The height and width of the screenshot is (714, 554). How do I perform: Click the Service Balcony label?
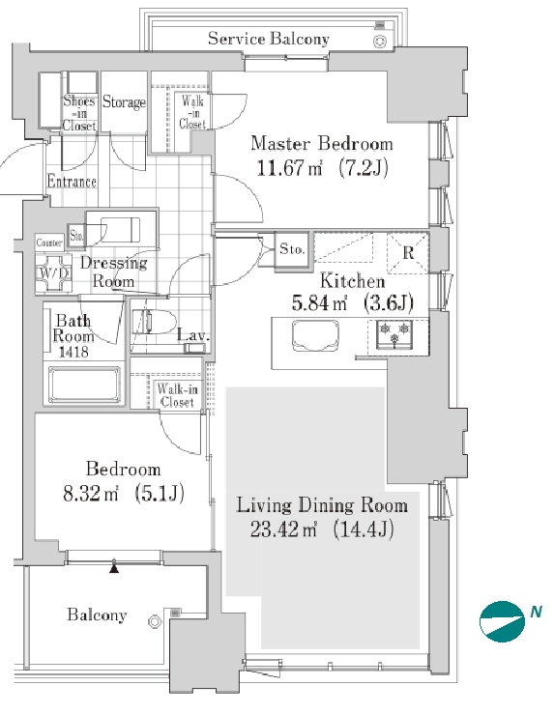click(x=269, y=39)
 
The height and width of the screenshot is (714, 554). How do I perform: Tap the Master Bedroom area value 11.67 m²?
click(x=289, y=168)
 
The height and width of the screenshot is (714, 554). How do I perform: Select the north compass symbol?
click(x=502, y=621)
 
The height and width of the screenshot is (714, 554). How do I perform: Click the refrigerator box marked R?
click(x=408, y=253)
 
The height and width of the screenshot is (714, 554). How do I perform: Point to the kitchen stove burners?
click(x=394, y=334)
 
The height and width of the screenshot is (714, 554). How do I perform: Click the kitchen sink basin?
click(x=315, y=335)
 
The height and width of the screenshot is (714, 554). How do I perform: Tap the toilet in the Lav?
click(x=154, y=322)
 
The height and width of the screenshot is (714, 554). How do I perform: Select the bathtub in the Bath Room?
click(x=85, y=386)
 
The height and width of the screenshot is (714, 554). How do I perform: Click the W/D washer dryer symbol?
click(x=54, y=272)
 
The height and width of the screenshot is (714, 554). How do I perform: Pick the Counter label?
click(x=49, y=243)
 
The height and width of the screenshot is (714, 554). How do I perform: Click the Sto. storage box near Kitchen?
click(x=292, y=249)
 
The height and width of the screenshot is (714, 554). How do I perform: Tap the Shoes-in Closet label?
click(x=79, y=113)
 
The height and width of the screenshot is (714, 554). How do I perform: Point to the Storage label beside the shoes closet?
click(x=124, y=101)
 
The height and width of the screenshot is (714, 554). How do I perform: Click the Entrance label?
click(x=72, y=182)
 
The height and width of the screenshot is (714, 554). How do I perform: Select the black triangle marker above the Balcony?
click(x=114, y=568)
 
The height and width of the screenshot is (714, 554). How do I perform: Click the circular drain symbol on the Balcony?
click(x=155, y=621)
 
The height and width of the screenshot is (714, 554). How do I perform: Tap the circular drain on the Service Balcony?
click(x=380, y=42)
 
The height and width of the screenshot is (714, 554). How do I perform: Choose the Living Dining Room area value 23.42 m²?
click(x=283, y=529)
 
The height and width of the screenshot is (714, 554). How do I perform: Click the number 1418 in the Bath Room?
click(x=73, y=352)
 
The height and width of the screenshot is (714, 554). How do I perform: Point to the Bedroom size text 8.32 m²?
click(x=91, y=493)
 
